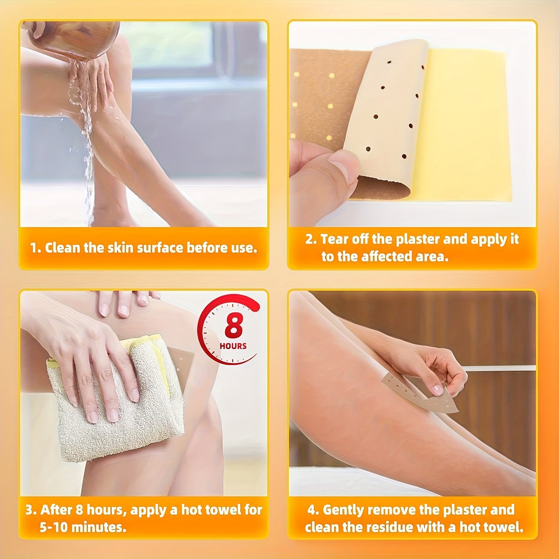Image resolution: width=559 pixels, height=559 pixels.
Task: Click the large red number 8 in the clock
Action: [x=234, y=327]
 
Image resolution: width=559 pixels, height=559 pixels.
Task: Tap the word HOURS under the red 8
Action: [x=233, y=346]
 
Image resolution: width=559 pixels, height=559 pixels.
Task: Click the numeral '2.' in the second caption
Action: [x=311, y=239]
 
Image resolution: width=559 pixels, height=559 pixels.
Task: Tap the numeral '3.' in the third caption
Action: [x=31, y=509]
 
